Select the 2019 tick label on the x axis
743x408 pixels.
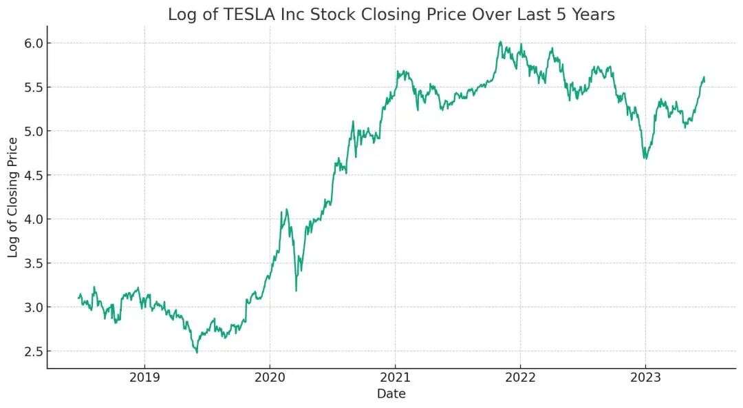[144, 378]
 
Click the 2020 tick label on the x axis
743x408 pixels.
[270, 378]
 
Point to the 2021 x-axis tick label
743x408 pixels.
[395, 378]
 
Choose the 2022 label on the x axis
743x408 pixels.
[520, 378]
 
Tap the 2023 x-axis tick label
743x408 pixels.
[645, 378]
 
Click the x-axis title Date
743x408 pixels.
[391, 394]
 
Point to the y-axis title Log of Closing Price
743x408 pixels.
[13, 197]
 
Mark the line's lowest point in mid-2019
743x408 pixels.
[197, 353]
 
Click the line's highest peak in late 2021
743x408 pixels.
[501, 41]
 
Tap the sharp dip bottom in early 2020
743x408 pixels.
[296, 291]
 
